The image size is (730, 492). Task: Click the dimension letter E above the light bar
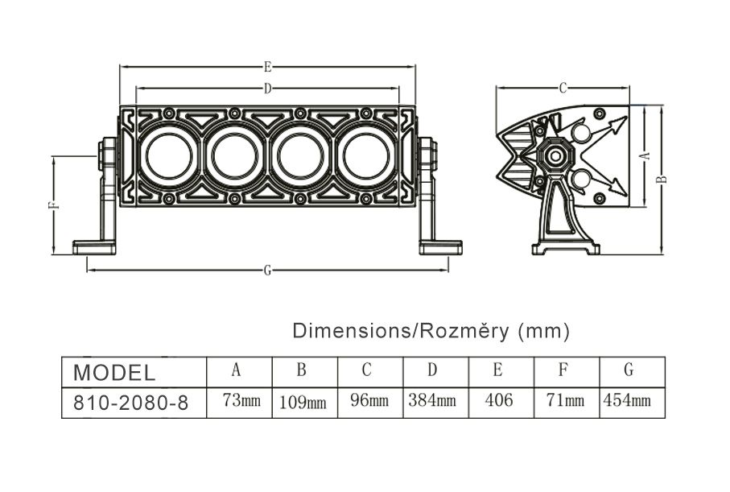pyautogui.click(x=268, y=67)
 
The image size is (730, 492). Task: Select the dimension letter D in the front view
pyautogui.click(x=268, y=88)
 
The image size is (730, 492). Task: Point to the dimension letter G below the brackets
pyautogui.click(x=267, y=271)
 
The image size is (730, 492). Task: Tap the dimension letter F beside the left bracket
pyautogui.click(x=55, y=205)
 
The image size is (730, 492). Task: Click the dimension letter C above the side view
pyautogui.click(x=563, y=88)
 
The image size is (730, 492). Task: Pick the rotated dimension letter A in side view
pyautogui.click(x=645, y=155)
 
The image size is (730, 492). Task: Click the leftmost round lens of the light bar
pyautogui.click(x=170, y=156)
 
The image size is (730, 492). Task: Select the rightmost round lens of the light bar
pyautogui.click(x=366, y=156)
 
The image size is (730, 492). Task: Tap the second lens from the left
pyautogui.click(x=235, y=156)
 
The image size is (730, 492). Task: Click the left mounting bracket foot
pyautogui.click(x=94, y=247)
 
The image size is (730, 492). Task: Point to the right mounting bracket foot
pyautogui.click(x=440, y=247)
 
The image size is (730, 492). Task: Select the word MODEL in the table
pyautogui.click(x=114, y=373)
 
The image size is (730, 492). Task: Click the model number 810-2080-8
pyautogui.click(x=131, y=403)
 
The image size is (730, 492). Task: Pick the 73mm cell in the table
pyautogui.click(x=241, y=400)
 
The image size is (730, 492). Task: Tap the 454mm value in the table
pyautogui.click(x=627, y=400)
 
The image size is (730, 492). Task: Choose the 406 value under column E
pyautogui.click(x=499, y=399)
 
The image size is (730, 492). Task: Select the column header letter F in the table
pyautogui.click(x=563, y=370)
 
